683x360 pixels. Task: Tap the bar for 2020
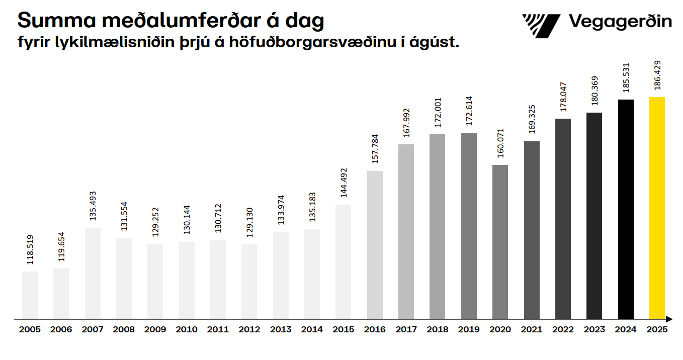(x=500, y=242)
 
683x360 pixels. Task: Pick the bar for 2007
(x=93, y=273)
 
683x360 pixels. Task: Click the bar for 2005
(x=30, y=295)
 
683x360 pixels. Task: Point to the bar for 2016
(x=375, y=245)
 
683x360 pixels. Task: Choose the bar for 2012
(x=249, y=282)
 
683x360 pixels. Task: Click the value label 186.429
(x=657, y=75)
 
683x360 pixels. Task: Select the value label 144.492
(x=344, y=183)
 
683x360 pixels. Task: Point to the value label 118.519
(x=30, y=250)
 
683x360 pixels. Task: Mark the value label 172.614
(x=469, y=111)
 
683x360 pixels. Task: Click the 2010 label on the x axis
(x=186, y=330)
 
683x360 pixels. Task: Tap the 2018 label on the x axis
(x=438, y=330)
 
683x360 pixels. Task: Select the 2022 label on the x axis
(x=563, y=330)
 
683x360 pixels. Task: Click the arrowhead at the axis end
(x=669, y=319)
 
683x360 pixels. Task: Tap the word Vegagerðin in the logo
(x=620, y=22)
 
